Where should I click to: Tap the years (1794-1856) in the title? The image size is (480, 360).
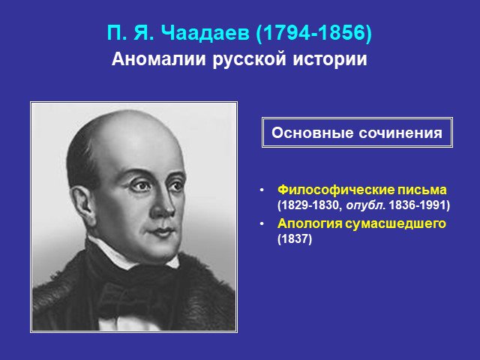coord(313,33)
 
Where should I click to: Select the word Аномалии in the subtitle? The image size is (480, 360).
coord(158,58)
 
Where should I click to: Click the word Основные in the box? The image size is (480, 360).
coord(312,133)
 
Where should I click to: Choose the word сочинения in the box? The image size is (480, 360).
coord(400,133)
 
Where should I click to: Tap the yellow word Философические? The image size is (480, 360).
coord(336,190)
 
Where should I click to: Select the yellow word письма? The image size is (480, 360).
coord(421,190)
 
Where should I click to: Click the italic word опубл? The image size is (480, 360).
coord(365,205)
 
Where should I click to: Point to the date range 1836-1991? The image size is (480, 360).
coord(417,205)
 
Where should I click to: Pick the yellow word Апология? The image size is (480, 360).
coord(310,223)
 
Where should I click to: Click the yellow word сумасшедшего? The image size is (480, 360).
coord(395,223)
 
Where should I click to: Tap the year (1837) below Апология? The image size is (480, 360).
coord(295,238)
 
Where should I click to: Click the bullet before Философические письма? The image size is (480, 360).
coord(262,190)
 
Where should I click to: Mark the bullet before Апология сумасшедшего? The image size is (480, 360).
coord(262,224)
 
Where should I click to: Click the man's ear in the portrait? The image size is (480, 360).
coord(80,202)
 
